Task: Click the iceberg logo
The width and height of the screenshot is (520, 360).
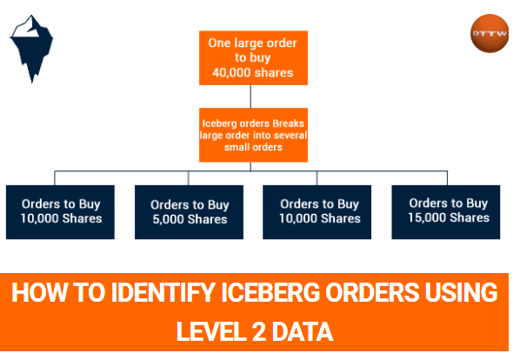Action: point(32,48)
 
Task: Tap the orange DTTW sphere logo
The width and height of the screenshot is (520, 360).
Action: point(490,33)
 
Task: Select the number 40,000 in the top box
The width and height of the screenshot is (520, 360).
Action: point(232,72)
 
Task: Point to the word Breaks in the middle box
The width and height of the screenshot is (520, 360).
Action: point(288,123)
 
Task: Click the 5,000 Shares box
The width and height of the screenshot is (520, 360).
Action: point(189,212)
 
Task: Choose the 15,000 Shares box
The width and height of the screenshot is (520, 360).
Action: point(446,212)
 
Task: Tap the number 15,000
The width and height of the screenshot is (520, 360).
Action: point(427,217)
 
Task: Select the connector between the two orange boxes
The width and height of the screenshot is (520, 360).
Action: point(250,97)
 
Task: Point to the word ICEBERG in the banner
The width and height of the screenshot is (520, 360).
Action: point(271,293)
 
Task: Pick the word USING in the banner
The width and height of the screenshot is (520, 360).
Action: point(461,293)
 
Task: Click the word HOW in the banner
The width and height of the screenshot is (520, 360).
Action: point(39,293)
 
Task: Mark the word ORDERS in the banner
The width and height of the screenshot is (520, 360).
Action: point(372,293)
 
